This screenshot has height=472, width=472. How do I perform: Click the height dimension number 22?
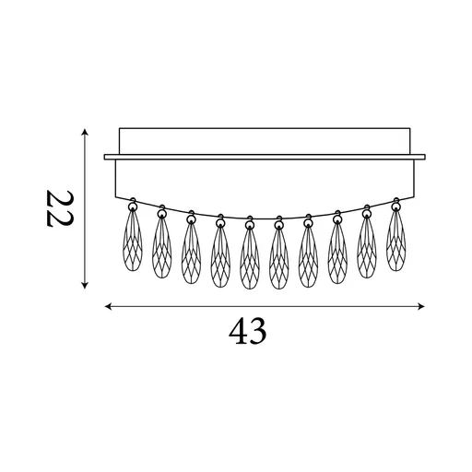tap(60, 208)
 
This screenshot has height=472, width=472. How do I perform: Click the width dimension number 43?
tap(248, 332)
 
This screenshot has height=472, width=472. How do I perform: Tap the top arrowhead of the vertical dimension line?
tap(85, 132)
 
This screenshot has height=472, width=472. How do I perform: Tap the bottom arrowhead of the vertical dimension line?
tap(85, 286)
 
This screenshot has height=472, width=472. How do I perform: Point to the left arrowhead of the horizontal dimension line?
tap(108, 306)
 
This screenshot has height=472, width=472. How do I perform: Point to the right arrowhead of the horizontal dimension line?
tap(421, 306)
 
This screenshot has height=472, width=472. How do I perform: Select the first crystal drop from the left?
tap(133, 241)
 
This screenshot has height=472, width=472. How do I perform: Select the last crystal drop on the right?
tap(395, 241)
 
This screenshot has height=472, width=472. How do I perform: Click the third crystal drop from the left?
tap(191, 253)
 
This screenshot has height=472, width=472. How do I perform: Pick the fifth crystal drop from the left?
tap(250, 259)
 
